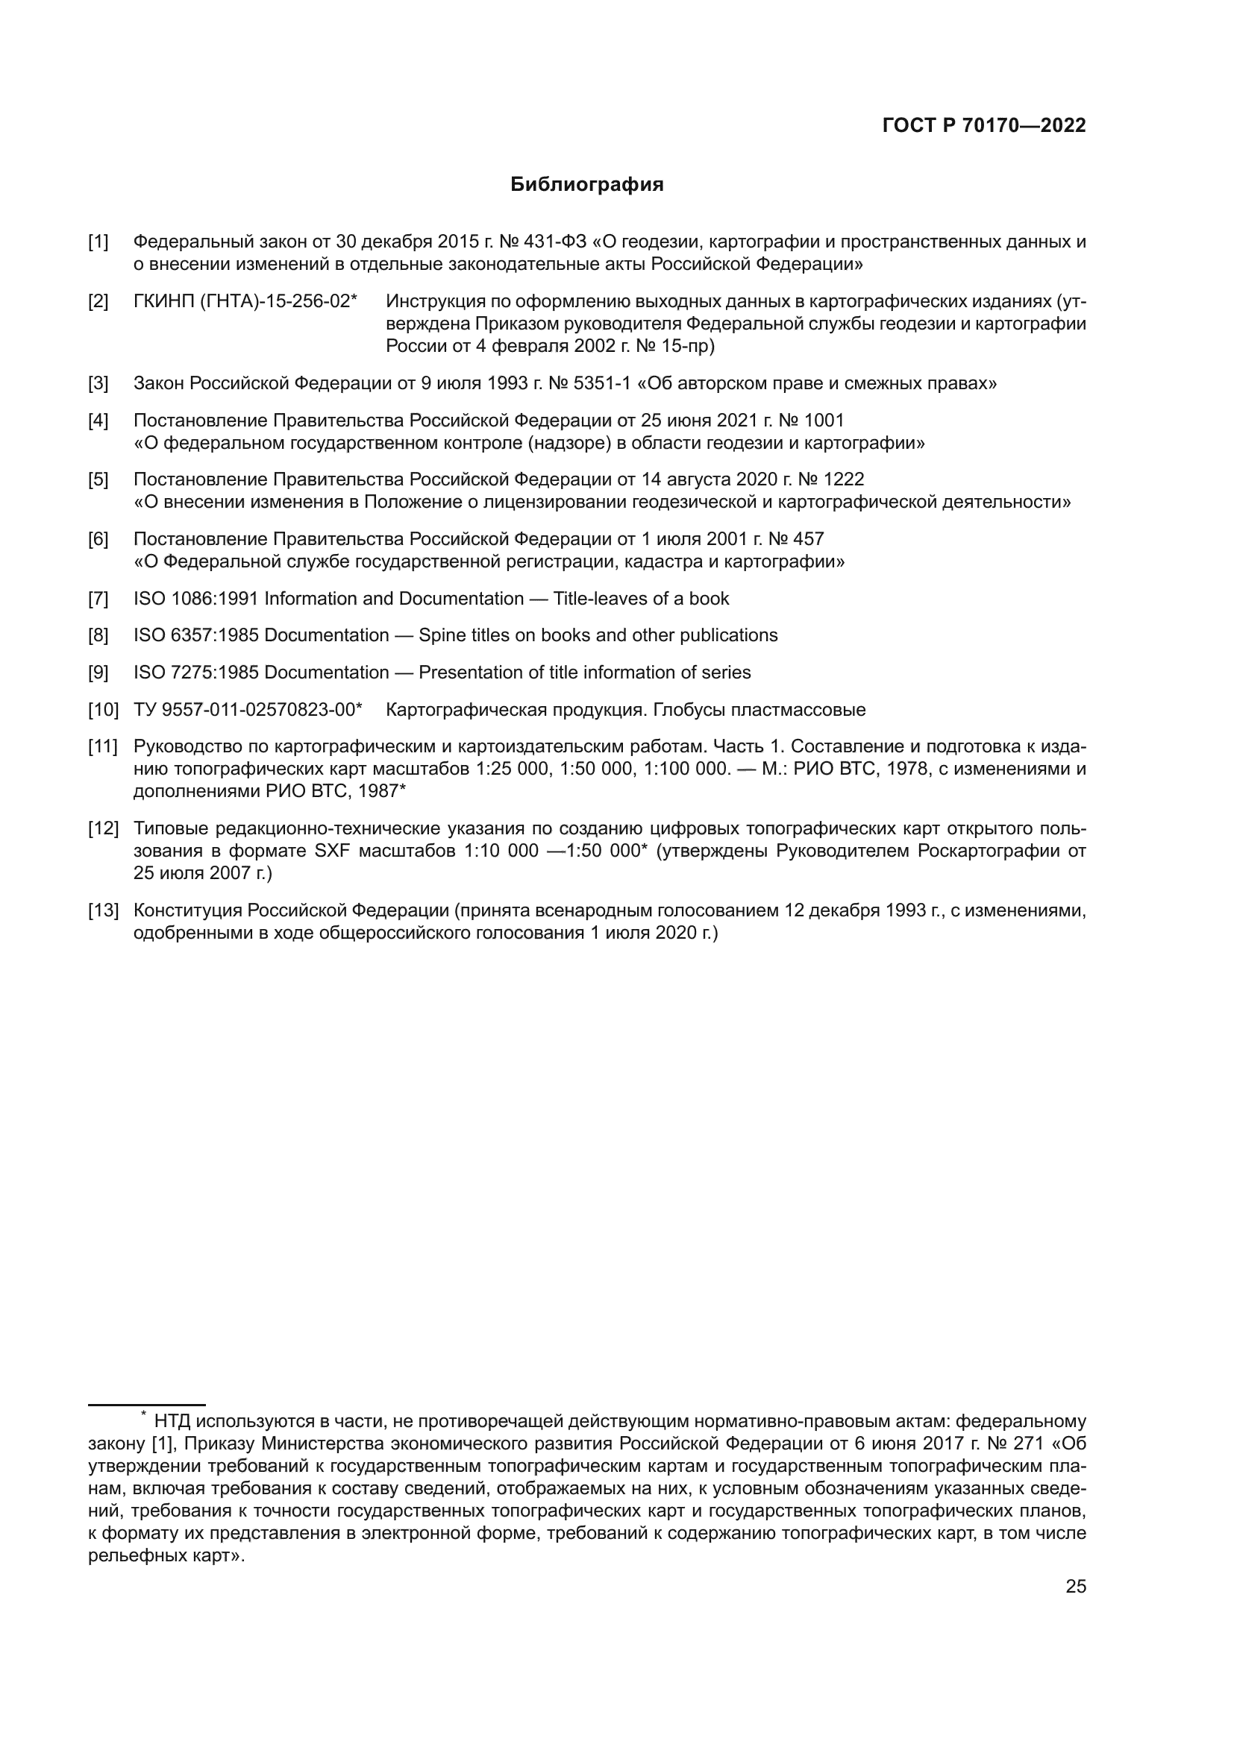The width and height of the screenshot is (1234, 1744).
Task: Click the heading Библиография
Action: [x=586, y=185]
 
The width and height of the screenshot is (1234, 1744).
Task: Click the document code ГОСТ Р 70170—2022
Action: [x=984, y=126]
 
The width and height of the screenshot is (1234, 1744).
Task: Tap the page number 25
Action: [x=1075, y=1586]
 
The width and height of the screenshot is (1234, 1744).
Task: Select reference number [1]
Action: [x=98, y=242]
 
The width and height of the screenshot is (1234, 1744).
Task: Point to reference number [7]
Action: [x=98, y=599]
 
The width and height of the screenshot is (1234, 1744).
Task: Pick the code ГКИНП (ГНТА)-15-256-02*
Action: [x=245, y=301]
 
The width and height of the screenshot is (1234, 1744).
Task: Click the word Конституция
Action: [x=189, y=910]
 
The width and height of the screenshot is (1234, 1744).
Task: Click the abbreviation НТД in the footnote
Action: [x=172, y=1421]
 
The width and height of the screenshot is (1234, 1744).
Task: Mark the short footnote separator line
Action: [x=147, y=1405]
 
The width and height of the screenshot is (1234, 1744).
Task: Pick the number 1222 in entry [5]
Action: [x=844, y=480]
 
